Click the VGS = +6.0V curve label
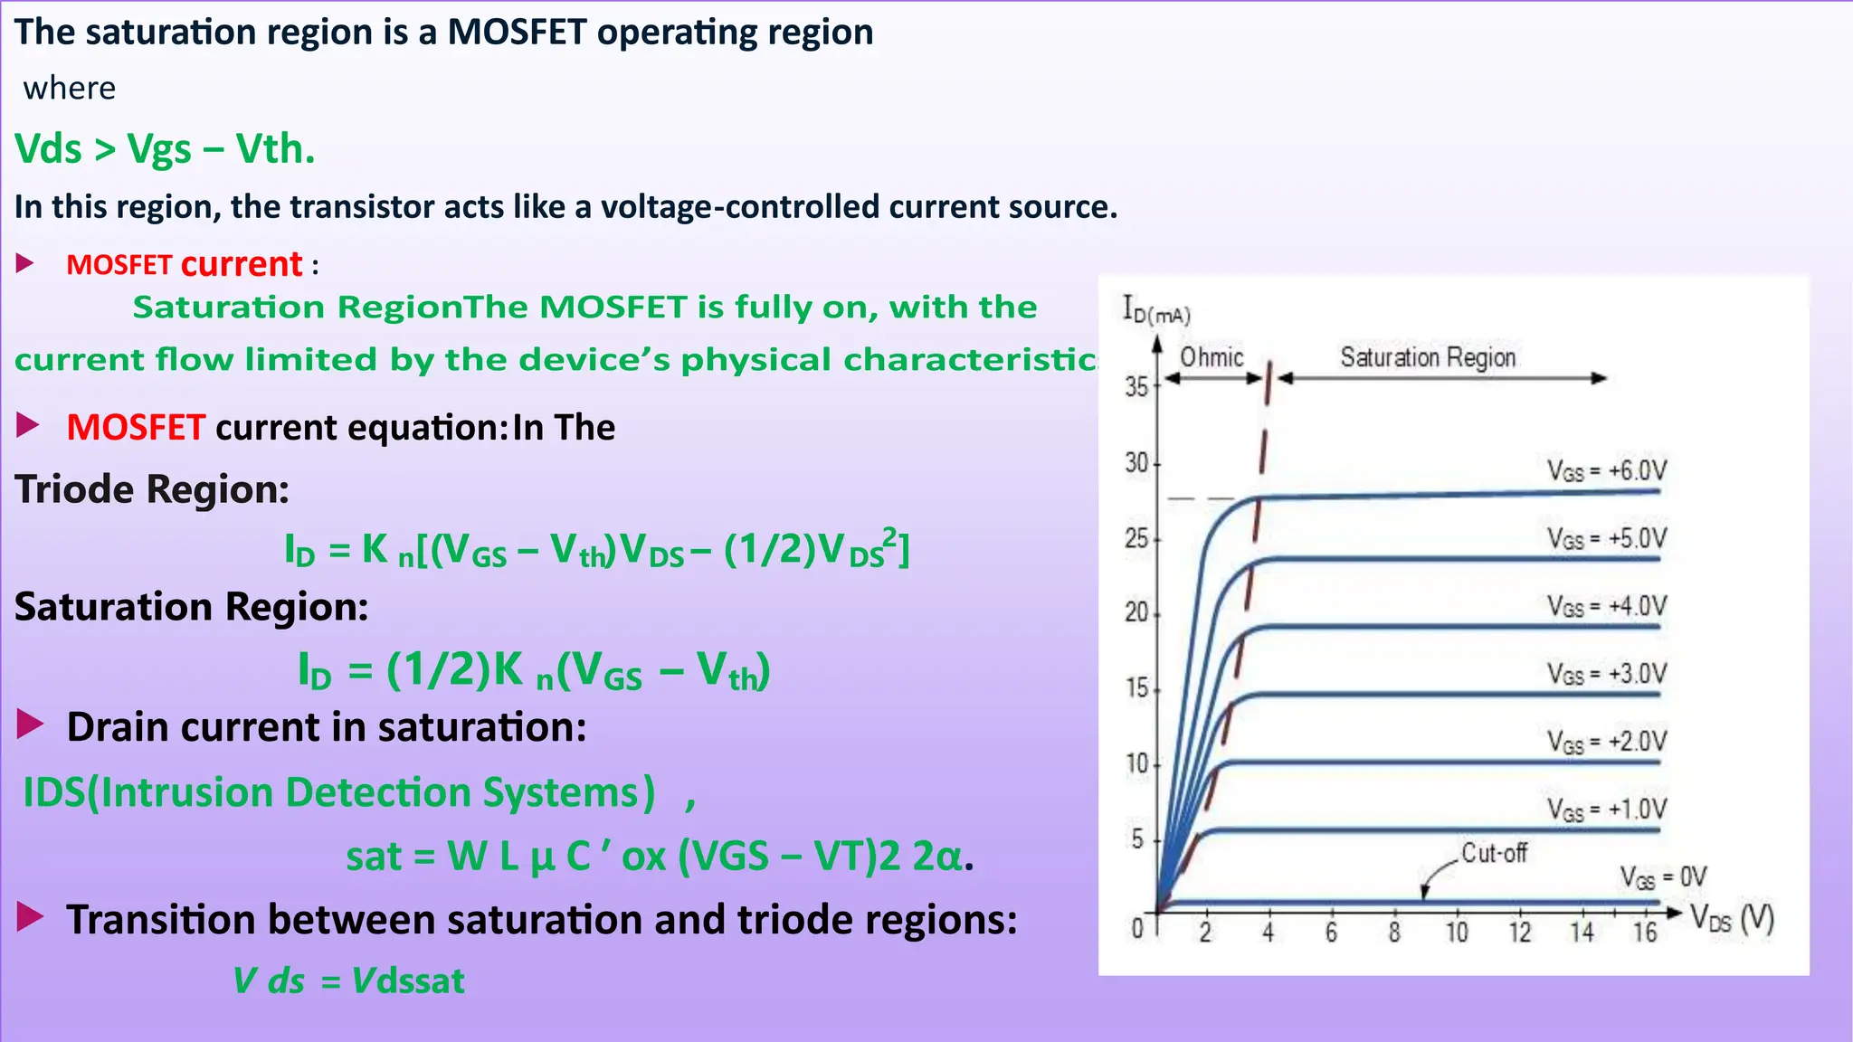tap(1606, 471)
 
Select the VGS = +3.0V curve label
tap(1606, 675)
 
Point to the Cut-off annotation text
tap(1494, 853)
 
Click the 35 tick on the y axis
tap(1136, 387)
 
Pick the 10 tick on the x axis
tap(1457, 933)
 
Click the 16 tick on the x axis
tap(1645, 933)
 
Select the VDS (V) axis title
tap(1732, 919)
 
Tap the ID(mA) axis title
tap(1155, 310)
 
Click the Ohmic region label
tap(1212, 357)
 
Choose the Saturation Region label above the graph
tap(1428, 358)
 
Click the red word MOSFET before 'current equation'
tap(136, 427)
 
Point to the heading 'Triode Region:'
tap(152, 489)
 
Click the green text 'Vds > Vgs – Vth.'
tap(165, 149)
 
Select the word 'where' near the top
tap(70, 89)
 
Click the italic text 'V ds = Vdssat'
tap(348, 980)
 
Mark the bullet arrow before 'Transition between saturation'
tap(30, 917)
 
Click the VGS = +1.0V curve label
tap(1606, 810)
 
